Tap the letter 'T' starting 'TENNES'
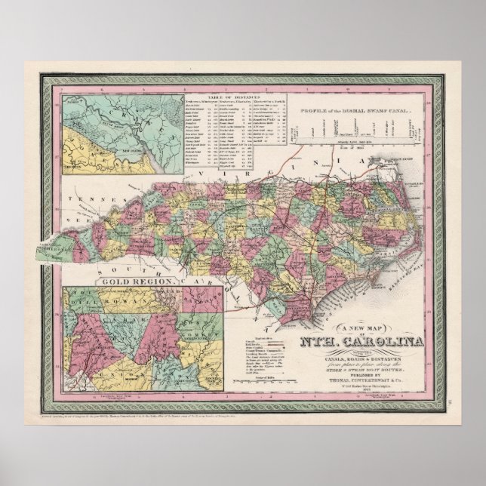[x=69, y=200]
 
